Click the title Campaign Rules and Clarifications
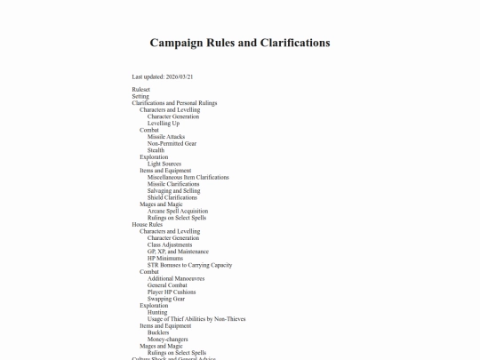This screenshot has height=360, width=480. coord(240,43)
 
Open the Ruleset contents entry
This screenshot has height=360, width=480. coord(140,90)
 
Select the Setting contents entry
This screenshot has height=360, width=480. coord(140,96)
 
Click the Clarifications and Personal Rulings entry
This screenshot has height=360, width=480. coord(174,103)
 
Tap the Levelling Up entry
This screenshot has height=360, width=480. coord(164,123)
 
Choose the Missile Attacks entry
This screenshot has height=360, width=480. coord(166,137)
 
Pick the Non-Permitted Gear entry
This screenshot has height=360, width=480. coord(172,143)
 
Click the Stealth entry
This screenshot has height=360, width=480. coord(156,150)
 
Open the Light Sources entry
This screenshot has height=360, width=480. coord(165,164)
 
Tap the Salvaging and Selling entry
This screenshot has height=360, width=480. coord(173,190)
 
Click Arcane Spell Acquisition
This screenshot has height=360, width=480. coord(178,211)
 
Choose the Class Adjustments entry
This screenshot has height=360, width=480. coord(171,244)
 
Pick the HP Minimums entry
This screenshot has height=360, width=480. coord(165,258)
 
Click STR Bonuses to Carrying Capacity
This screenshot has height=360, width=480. coord(189,265)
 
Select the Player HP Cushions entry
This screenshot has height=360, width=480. coord(171,292)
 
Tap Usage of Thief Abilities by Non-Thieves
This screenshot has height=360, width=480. coord(196,318)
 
